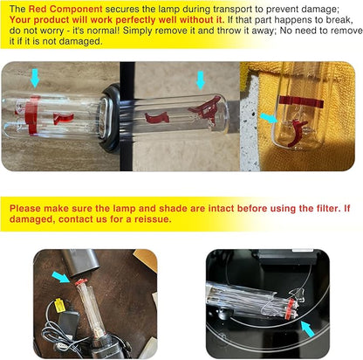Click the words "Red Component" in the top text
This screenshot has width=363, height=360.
(65, 9)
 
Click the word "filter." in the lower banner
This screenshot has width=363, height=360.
(325, 208)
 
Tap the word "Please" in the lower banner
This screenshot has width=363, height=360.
(24, 208)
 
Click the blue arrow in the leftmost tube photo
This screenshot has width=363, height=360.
(35, 78)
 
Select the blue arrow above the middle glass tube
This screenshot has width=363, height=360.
(201, 80)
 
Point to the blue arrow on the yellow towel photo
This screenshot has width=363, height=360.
(269, 118)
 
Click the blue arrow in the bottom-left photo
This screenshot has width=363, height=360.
(61, 277)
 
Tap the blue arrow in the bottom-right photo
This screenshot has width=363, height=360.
(308, 329)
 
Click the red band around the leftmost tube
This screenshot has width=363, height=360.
(31, 115)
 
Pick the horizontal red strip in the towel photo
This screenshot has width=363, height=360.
(301, 101)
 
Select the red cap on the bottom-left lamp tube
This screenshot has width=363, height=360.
(81, 282)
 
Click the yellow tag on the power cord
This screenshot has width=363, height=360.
(59, 305)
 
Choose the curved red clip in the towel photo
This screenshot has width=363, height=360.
(297, 133)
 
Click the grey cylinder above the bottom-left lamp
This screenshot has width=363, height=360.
(80, 262)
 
